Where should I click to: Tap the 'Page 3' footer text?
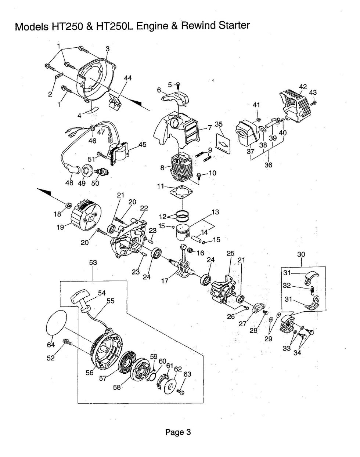point(178,432)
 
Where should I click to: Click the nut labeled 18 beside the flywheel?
point(68,204)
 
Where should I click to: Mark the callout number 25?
point(230,253)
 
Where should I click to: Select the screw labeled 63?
point(180,392)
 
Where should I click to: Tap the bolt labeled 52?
point(68,342)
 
